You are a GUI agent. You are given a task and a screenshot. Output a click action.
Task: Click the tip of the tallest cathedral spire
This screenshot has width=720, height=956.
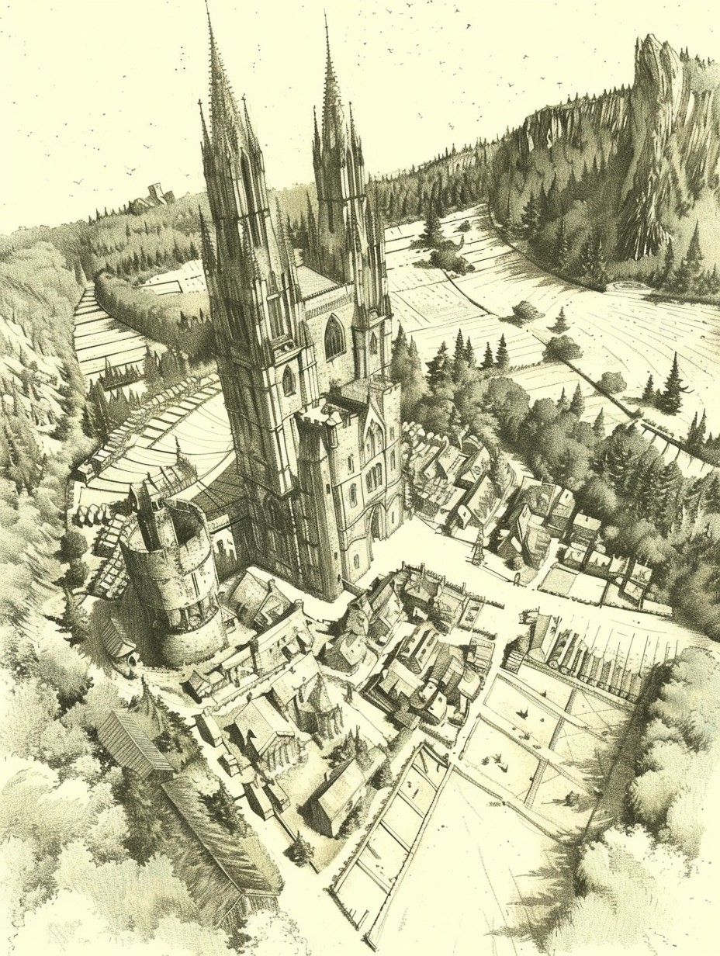207,6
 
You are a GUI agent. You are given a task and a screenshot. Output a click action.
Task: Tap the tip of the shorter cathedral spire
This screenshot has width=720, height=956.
327,17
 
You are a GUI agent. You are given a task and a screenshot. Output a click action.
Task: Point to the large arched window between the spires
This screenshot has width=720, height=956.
334,338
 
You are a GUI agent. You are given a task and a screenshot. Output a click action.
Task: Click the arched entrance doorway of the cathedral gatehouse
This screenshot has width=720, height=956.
376,522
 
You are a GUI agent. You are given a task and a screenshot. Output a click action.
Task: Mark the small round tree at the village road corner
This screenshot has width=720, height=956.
299,850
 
